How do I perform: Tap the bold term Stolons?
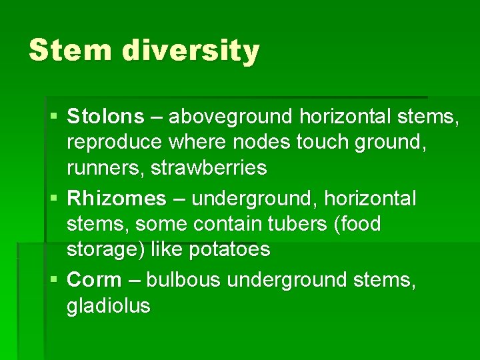(105, 117)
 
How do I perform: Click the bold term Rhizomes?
(117, 198)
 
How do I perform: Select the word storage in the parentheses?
(97, 249)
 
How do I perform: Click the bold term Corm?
(95, 279)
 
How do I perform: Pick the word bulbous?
(183, 279)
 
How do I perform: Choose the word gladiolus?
(108, 305)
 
